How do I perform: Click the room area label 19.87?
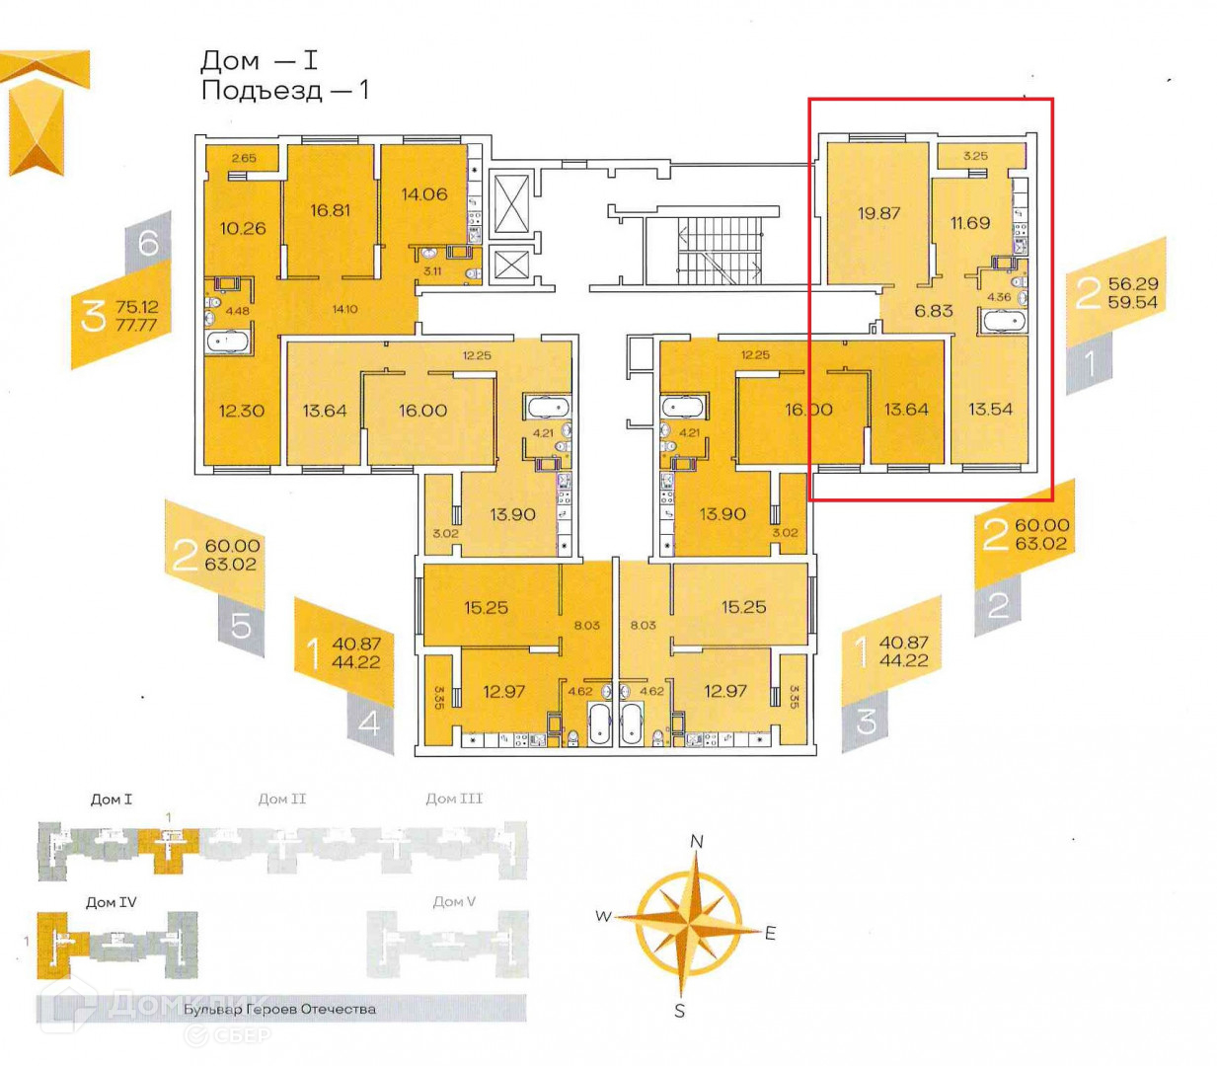[x=878, y=213]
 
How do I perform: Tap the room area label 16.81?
[x=330, y=210]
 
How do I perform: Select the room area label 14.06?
[x=423, y=194]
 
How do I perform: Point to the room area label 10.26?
[x=243, y=228]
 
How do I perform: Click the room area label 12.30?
[x=242, y=411]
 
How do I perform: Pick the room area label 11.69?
[x=969, y=223]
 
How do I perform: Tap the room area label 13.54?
[x=990, y=409]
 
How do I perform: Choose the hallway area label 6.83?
[x=933, y=311]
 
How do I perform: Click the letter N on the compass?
[x=697, y=841]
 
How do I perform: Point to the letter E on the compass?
[x=771, y=933]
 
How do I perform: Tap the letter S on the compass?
[x=680, y=1011]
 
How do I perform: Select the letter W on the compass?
[x=603, y=916]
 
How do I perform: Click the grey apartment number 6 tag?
[x=148, y=242]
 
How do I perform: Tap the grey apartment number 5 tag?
[x=242, y=625]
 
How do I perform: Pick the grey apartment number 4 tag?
[x=369, y=723]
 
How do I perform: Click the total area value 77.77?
[x=136, y=325]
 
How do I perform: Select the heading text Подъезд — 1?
[x=284, y=91]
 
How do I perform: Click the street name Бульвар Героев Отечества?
[x=279, y=1009]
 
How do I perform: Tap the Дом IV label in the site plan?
[x=111, y=902]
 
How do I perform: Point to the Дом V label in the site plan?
[x=454, y=901]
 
